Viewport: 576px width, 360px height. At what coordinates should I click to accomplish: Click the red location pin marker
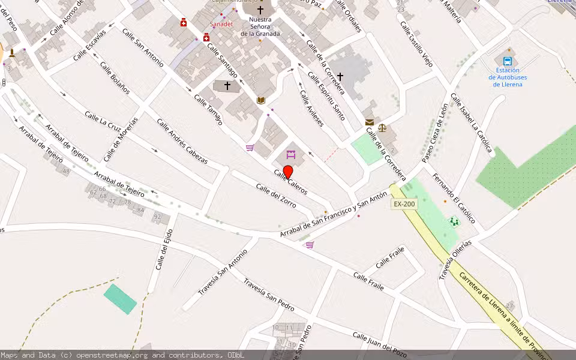pyautogui.click(x=288, y=172)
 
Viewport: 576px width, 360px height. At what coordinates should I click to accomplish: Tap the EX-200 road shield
pyautogui.click(x=404, y=204)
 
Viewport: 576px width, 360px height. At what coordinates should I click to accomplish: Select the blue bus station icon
pyautogui.click(x=508, y=61)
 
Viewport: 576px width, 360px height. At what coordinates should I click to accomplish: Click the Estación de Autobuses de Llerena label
pyautogui.click(x=508, y=77)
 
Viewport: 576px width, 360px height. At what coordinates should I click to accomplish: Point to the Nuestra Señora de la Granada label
pyautogui.click(x=260, y=26)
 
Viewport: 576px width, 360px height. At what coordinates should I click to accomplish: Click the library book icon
pyautogui.click(x=260, y=100)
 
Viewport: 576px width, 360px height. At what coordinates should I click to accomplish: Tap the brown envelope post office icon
pyautogui.click(x=369, y=122)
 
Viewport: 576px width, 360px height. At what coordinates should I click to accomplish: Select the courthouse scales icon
pyautogui.click(x=382, y=128)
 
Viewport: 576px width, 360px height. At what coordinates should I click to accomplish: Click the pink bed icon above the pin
pyautogui.click(x=291, y=155)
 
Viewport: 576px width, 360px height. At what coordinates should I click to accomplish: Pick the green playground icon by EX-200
pyautogui.click(x=454, y=222)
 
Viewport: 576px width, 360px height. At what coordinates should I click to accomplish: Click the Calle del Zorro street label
pyautogui.click(x=276, y=196)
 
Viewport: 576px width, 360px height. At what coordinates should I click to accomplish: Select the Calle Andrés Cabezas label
pyautogui.click(x=182, y=142)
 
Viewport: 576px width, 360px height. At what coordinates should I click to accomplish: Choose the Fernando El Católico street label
pyautogui.click(x=454, y=198)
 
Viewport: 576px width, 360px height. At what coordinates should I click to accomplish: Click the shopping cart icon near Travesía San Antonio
pyautogui.click(x=310, y=245)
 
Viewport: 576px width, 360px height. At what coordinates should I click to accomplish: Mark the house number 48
pyautogui.click(x=66, y=172)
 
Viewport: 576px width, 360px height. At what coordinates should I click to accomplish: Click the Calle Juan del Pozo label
pyautogui.click(x=380, y=344)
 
